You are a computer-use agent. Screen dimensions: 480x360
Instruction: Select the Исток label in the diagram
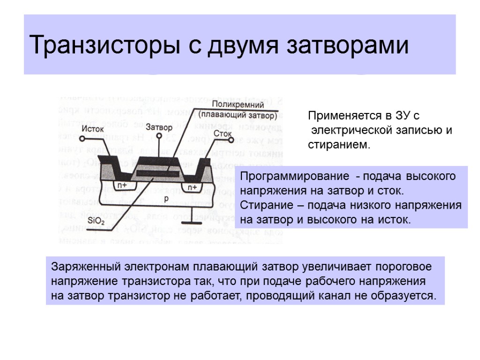click(x=92, y=128)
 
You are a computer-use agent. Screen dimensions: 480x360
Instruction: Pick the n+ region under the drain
click(x=192, y=187)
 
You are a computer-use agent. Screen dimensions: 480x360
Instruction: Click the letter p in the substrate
click(x=166, y=198)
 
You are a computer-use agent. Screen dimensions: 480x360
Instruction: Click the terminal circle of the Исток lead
click(x=82, y=139)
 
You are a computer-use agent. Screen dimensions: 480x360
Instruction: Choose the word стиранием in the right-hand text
click(x=338, y=145)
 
